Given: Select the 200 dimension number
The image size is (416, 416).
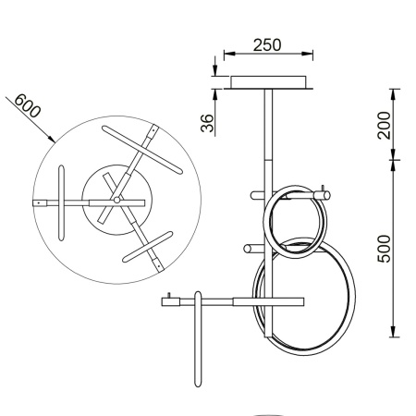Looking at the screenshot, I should tap(385, 125).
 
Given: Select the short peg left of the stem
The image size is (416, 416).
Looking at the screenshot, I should tap(252, 247).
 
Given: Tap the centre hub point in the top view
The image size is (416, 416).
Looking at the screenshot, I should tap(116, 200).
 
